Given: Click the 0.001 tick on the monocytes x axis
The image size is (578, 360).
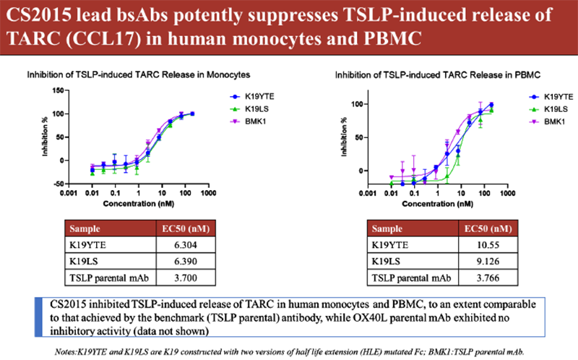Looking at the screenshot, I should click(69, 194).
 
